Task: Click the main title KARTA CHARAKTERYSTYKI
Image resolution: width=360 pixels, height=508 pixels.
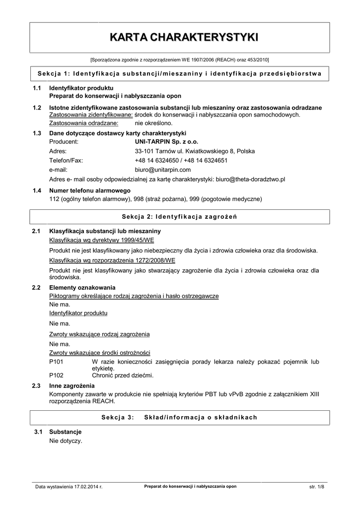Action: tap(180, 37)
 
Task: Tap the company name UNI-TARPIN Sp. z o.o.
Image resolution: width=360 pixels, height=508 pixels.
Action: tap(163, 141)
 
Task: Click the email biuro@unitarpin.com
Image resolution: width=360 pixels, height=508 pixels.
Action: tap(163, 170)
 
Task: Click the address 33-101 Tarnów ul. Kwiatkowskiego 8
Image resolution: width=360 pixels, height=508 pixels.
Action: tap(195, 151)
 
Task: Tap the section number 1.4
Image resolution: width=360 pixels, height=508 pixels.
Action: tap(36, 190)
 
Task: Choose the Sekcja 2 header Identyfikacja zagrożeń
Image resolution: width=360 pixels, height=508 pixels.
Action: tap(180, 217)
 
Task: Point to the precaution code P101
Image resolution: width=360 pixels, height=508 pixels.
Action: tap(57, 362)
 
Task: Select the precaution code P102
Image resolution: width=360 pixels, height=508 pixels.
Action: tap(57, 375)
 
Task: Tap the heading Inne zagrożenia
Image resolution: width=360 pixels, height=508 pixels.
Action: tap(72, 385)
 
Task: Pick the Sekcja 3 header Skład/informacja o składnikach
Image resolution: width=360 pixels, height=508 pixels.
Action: tap(180, 417)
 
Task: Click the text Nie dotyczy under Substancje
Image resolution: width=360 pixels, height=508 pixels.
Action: tap(66, 441)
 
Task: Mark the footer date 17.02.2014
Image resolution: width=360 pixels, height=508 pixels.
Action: tap(85, 487)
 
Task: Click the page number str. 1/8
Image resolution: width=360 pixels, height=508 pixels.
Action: tap(316, 487)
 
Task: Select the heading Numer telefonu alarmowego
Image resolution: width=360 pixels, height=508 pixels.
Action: tap(89, 190)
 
